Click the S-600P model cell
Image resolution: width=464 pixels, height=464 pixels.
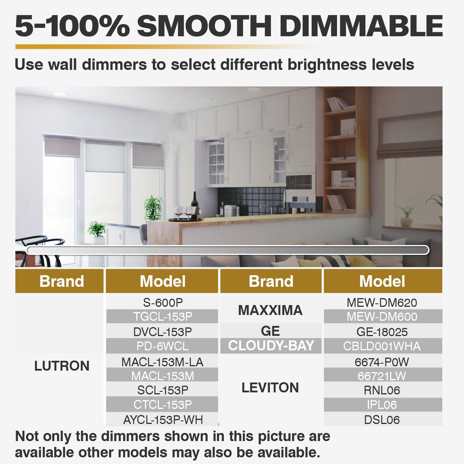[163, 302]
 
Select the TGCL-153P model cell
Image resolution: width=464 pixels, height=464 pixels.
[163, 316]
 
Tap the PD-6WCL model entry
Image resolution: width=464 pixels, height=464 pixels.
[163, 346]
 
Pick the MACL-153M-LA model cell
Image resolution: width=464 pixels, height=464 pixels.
[163, 362]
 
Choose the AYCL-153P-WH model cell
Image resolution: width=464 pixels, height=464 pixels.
[163, 420]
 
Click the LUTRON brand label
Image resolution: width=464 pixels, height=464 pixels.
[62, 366]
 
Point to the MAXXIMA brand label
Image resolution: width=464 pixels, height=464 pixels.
[270, 310]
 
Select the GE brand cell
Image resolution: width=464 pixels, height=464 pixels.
[270, 331]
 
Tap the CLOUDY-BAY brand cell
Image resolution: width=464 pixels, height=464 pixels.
[271, 346]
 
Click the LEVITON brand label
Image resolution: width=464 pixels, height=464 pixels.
[270, 388]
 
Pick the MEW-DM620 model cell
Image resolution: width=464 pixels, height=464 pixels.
[382, 303]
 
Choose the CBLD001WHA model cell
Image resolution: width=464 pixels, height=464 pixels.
[382, 346]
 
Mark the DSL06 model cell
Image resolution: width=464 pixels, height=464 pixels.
[382, 420]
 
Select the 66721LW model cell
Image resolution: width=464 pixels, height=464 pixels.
[382, 376]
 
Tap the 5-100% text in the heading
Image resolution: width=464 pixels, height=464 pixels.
[72, 26]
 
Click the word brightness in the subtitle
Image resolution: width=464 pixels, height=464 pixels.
[327, 64]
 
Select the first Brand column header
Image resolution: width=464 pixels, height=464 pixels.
[62, 281]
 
